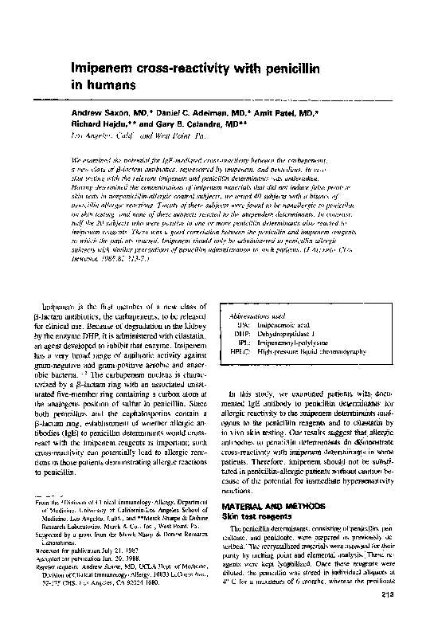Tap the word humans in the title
104,84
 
